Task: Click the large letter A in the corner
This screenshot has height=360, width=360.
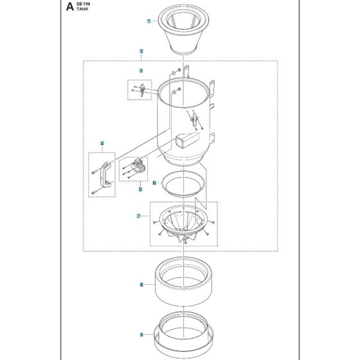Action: coord(69,8)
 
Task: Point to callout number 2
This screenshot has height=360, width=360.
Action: coord(141,51)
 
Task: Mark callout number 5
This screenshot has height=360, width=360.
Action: coord(140,189)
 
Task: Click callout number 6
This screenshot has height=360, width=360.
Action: coord(154,183)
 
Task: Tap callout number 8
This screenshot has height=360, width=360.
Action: coord(141,283)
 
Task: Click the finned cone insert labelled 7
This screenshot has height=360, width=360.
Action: coord(184,225)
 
